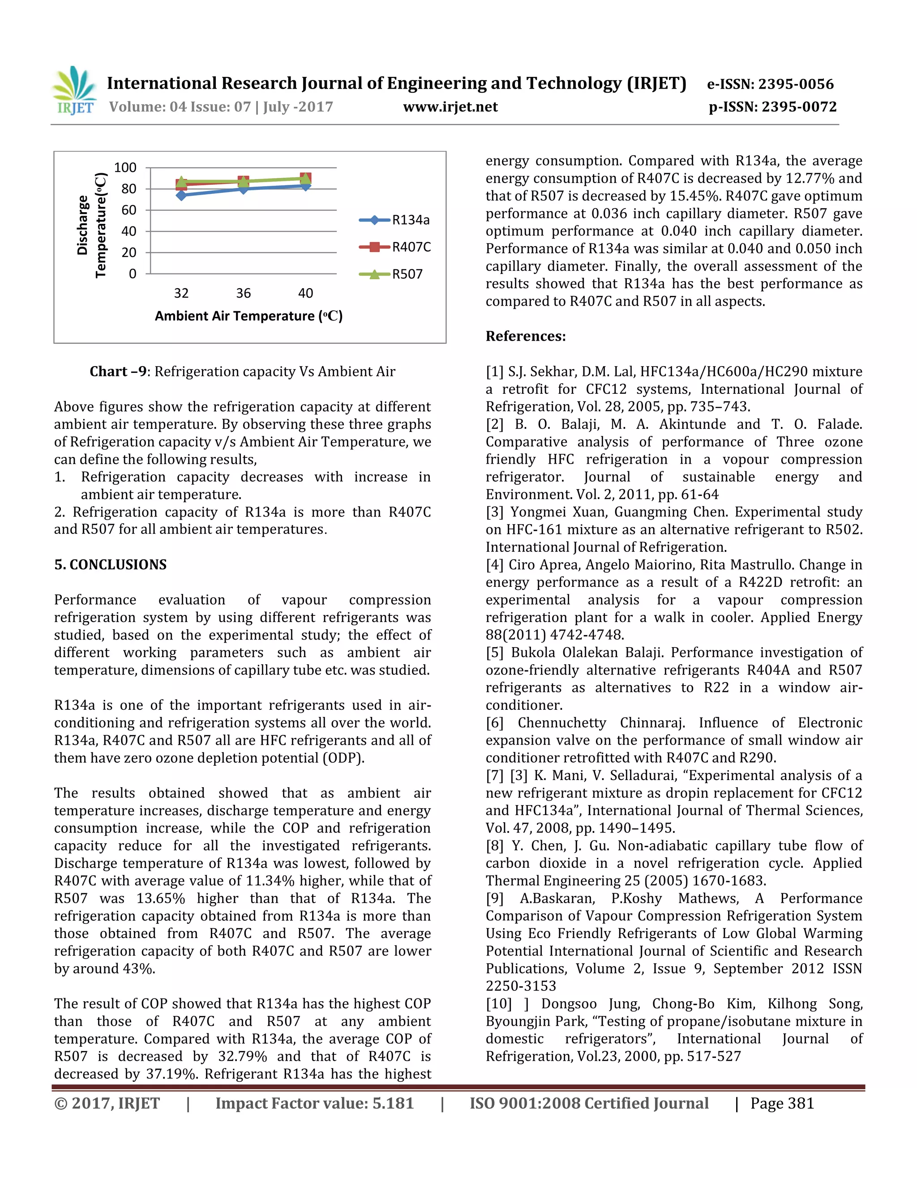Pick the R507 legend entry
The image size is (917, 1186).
click(392, 274)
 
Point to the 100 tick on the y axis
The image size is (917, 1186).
click(125, 168)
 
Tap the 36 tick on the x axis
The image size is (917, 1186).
click(244, 293)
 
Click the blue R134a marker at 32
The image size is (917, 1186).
click(181, 195)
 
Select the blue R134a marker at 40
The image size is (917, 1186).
click(306, 186)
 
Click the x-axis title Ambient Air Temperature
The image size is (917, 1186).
click(248, 316)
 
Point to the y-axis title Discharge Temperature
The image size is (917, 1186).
click(92, 226)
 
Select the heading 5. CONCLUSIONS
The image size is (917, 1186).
click(110, 565)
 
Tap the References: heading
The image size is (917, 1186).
click(525, 336)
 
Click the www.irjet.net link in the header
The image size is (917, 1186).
click(450, 107)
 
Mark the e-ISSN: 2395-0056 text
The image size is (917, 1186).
click(770, 84)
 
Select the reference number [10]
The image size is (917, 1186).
click(499, 1004)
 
